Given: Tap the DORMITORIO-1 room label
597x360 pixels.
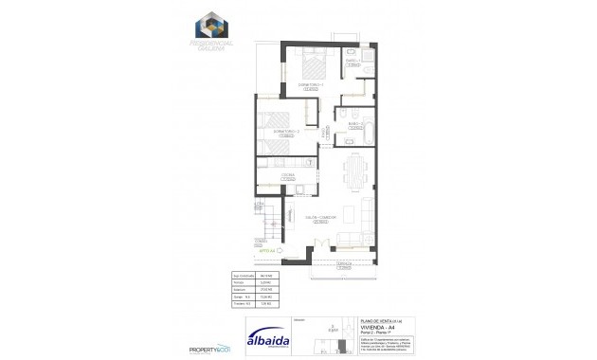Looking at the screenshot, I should click(311, 87).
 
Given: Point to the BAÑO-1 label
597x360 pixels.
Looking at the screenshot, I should click(351, 62).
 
